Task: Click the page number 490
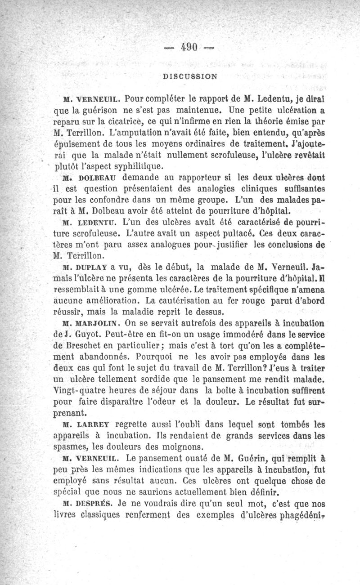pyautogui.click(x=189, y=47)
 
